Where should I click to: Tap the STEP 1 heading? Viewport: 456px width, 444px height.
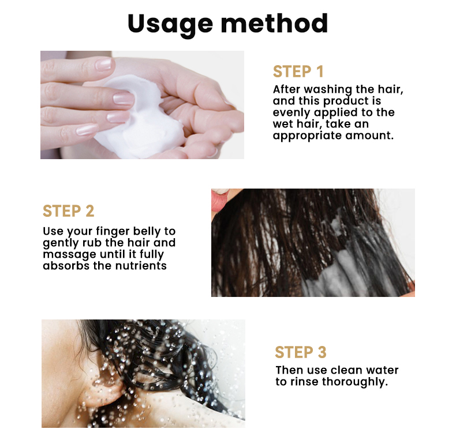[298, 72]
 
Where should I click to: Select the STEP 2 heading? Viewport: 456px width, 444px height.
[68, 211]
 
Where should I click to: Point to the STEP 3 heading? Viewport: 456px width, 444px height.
[301, 352]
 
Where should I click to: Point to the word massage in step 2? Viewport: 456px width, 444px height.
[66, 254]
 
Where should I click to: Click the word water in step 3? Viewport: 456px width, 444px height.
[382, 370]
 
